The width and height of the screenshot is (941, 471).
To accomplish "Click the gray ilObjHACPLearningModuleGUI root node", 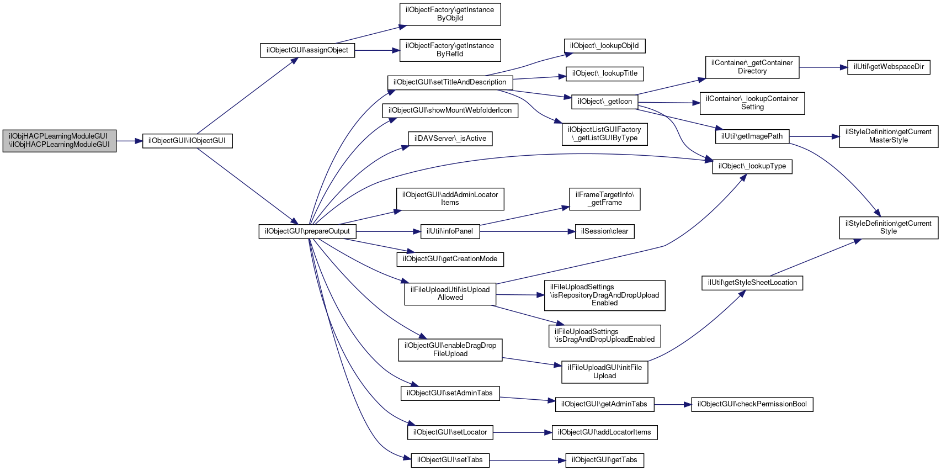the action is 59,141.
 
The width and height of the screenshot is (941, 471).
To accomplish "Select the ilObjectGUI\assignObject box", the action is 307,50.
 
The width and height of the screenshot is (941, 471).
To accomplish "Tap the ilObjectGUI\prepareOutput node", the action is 307,231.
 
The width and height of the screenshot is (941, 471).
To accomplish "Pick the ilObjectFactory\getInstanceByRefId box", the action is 450,50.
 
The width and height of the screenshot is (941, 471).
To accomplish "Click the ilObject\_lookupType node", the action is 752,166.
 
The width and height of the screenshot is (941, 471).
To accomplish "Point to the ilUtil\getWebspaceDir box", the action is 889,67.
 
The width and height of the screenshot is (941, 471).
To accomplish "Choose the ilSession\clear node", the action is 604,231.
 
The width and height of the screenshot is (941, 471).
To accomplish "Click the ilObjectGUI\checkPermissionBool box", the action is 752,404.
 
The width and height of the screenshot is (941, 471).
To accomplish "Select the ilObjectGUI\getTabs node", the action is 604,460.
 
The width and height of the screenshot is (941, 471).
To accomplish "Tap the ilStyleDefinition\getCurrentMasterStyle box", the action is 889,136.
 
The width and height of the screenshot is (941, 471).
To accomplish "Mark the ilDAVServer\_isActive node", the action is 450,139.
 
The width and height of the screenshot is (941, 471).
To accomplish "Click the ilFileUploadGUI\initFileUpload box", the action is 604,372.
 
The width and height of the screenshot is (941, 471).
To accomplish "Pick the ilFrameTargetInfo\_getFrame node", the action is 604,199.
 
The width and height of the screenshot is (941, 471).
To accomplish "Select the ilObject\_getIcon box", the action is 604,102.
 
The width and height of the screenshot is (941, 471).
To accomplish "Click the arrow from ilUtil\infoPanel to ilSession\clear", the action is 527,231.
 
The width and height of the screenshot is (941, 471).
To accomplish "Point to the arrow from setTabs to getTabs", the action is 527,461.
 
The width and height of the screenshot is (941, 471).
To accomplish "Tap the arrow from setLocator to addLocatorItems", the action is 522,432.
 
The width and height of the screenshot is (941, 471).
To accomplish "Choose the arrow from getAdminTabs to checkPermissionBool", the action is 673,405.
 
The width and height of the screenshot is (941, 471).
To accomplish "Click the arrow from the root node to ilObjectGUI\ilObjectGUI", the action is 129,141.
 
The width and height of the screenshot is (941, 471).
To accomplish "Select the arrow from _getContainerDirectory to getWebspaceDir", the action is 823,67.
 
